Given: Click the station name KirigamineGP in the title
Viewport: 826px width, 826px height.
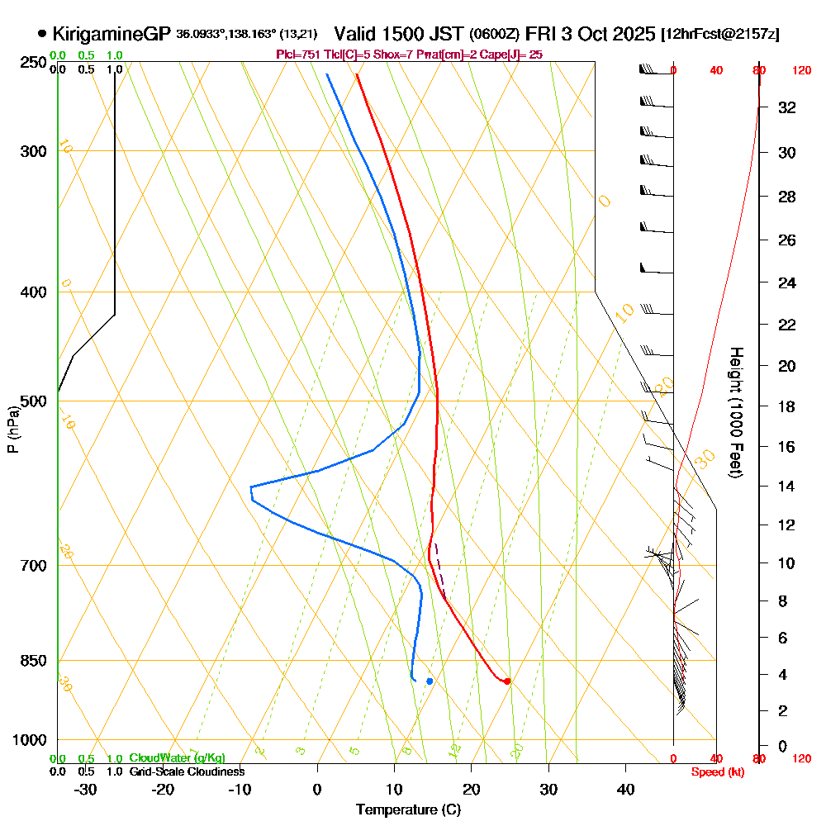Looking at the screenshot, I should [112, 35].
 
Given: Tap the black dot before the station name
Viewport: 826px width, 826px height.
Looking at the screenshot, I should [42, 34].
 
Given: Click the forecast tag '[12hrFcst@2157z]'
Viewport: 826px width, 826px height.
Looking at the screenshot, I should [720, 35].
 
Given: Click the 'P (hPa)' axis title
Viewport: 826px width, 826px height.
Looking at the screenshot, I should [12, 429].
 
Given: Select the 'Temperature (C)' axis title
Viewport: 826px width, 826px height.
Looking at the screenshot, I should [408, 810].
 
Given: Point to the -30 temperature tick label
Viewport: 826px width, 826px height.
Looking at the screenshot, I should [85, 789].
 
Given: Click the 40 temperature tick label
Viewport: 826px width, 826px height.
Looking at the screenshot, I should [626, 789].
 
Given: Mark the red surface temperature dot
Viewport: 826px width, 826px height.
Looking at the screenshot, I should [507, 681].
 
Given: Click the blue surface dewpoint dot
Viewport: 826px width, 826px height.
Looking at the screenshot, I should [430, 681].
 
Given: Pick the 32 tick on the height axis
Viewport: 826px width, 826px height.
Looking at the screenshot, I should [787, 107].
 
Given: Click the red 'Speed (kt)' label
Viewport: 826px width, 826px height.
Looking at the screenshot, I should [715, 771].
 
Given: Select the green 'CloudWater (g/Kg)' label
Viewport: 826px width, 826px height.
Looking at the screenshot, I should [177, 758].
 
